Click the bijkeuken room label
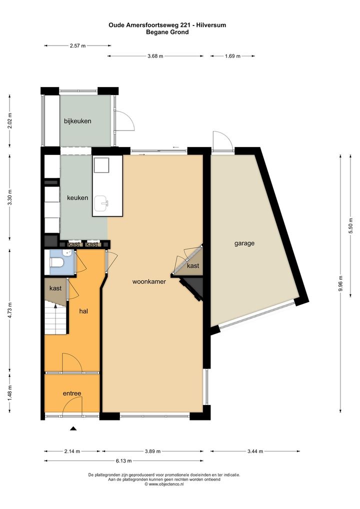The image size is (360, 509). click(x=77, y=121)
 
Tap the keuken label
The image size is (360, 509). click(x=77, y=197)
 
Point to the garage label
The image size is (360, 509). click(x=244, y=243)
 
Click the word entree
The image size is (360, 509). click(x=72, y=393)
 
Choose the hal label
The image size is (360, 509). click(x=84, y=311)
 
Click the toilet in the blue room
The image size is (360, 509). click(x=56, y=262)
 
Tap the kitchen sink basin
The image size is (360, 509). click(x=101, y=203)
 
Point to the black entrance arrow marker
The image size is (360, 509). click(x=73, y=428)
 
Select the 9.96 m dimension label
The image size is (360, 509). click(x=340, y=283)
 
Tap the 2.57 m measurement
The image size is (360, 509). click(x=77, y=46)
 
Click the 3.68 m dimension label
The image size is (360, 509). click(x=155, y=56)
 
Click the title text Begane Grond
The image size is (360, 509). click(x=167, y=32)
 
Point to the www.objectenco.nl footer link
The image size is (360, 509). click(x=164, y=484)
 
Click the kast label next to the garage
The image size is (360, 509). click(x=193, y=266)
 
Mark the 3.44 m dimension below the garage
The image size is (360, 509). click(x=255, y=451)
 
